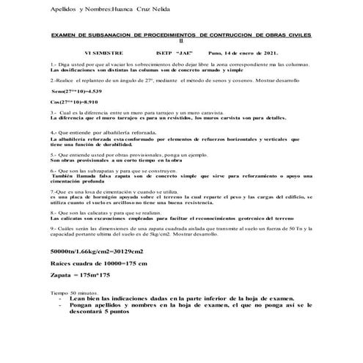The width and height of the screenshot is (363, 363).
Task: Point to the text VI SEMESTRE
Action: click(104, 54)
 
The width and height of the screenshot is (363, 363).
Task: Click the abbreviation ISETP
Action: click(168, 54)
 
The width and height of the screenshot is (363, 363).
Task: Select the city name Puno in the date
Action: click(218, 54)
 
